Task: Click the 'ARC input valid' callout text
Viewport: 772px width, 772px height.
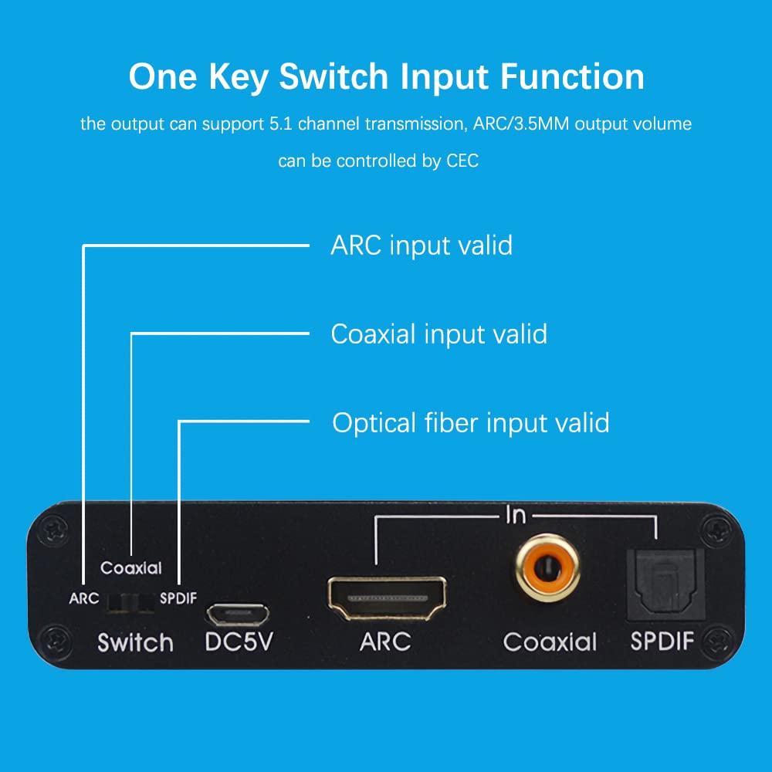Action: tap(421, 245)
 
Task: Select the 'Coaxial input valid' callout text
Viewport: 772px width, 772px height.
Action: tap(438, 334)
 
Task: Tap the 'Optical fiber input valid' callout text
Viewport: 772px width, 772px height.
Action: tap(470, 423)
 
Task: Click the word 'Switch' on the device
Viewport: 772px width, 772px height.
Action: tap(135, 643)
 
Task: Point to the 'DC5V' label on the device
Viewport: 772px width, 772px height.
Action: tap(239, 642)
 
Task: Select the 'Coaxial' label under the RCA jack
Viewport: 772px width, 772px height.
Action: tap(550, 642)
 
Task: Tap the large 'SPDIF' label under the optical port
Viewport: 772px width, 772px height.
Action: tap(662, 642)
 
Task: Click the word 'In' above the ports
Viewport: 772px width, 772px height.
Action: tap(516, 516)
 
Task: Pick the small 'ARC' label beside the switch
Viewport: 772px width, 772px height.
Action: tap(83, 598)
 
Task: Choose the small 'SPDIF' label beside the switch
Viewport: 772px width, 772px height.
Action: tap(178, 598)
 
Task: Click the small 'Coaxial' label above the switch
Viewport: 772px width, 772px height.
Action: tap(131, 568)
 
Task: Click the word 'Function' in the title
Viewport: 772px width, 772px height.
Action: tap(570, 76)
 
